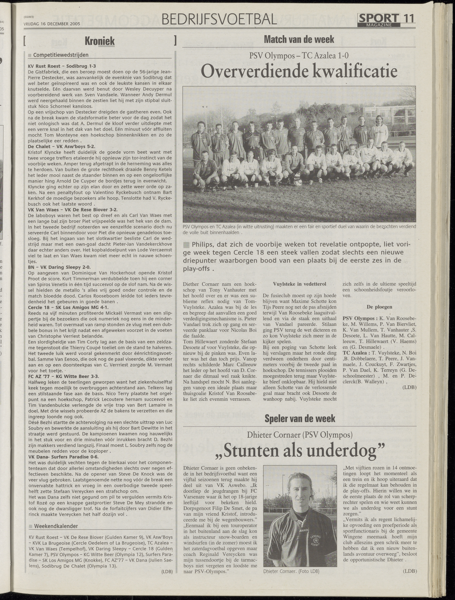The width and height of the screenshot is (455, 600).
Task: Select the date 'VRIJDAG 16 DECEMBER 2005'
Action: click(52, 24)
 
